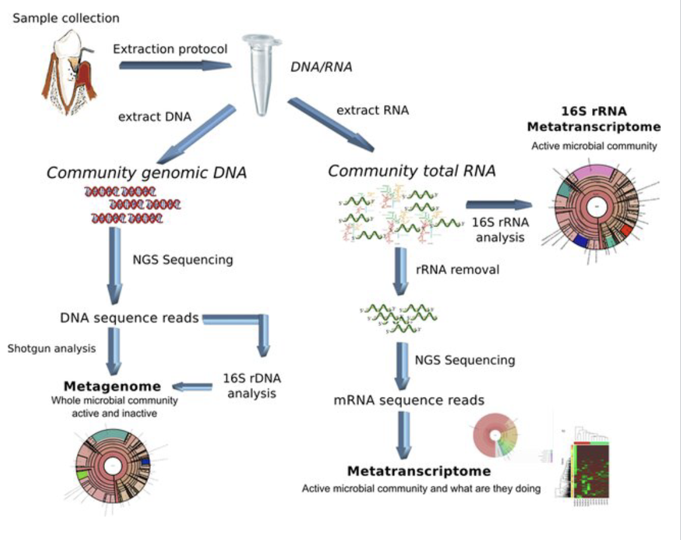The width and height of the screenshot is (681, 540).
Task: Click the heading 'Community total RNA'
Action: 411,172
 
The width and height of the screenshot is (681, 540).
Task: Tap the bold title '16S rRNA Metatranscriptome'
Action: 602,119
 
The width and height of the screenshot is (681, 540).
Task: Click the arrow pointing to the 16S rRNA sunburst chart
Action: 499,205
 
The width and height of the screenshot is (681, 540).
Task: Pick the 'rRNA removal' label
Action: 457,269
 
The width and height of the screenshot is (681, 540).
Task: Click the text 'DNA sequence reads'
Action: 129,318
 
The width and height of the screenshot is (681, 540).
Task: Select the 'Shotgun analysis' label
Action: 51,349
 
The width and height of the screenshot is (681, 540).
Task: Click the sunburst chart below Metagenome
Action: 113,465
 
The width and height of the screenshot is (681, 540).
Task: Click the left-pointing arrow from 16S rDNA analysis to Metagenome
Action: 192,387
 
